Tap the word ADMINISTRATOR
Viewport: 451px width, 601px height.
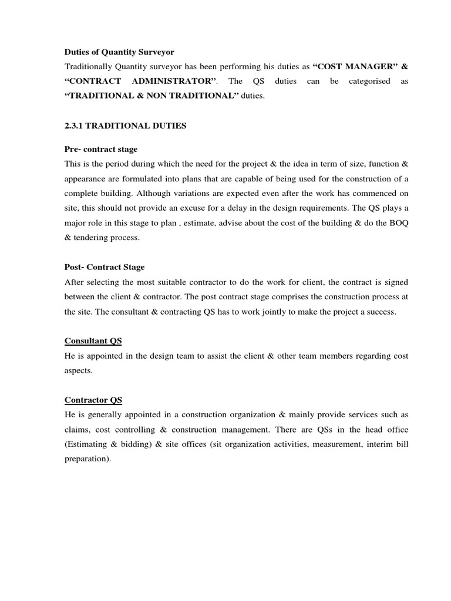tap(170, 81)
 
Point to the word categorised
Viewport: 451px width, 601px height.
tap(369, 81)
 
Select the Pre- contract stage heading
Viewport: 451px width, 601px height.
tap(101, 149)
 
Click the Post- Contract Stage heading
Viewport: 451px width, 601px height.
tap(104, 267)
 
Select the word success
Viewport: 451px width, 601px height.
tap(381, 312)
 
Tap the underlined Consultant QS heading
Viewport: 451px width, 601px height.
tap(93, 341)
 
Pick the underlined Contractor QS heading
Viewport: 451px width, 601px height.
tap(93, 400)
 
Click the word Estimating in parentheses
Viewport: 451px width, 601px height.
tap(87, 444)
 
